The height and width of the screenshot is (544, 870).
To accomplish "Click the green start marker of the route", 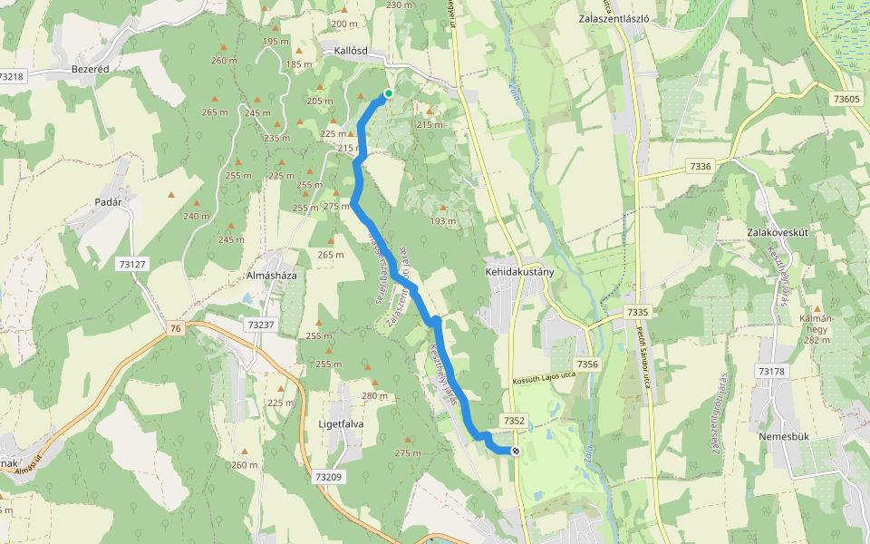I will (389, 93).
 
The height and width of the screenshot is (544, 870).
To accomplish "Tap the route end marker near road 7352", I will (516, 451).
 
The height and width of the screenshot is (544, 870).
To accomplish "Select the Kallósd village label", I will (350, 51).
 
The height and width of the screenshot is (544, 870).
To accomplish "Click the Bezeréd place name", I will (91, 68).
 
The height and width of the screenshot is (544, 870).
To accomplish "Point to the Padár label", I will (107, 202).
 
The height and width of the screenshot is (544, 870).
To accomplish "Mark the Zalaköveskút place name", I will (778, 231).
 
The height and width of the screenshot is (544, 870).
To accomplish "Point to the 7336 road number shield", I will (701, 166).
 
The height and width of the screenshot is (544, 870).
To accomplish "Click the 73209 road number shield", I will (329, 476).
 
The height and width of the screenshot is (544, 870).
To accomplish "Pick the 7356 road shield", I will (588, 364).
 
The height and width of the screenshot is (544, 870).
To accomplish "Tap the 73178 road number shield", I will (771, 372).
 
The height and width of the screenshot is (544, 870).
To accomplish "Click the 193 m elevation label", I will (443, 220).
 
